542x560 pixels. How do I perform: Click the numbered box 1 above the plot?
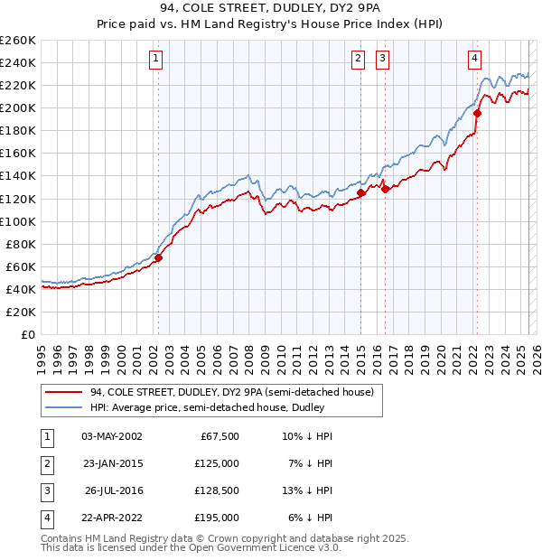pyautogui.click(x=156, y=59)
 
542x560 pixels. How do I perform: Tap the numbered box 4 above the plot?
pyautogui.click(x=474, y=59)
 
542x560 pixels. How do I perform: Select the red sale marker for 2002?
pyautogui.click(x=158, y=257)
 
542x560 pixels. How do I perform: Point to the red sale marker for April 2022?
pyautogui.click(x=478, y=114)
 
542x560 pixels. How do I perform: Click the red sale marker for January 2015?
pyautogui.click(x=360, y=192)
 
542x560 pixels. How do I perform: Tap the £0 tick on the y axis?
pyautogui.click(x=29, y=334)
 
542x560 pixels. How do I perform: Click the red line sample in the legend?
pyautogui.click(x=63, y=392)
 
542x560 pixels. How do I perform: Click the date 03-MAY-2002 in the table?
pyautogui.click(x=112, y=436)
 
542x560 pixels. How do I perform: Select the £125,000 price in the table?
pyautogui.click(x=218, y=463)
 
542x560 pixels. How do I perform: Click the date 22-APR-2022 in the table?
pyautogui.click(x=112, y=518)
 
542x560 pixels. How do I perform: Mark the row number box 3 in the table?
pyautogui.click(x=47, y=490)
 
